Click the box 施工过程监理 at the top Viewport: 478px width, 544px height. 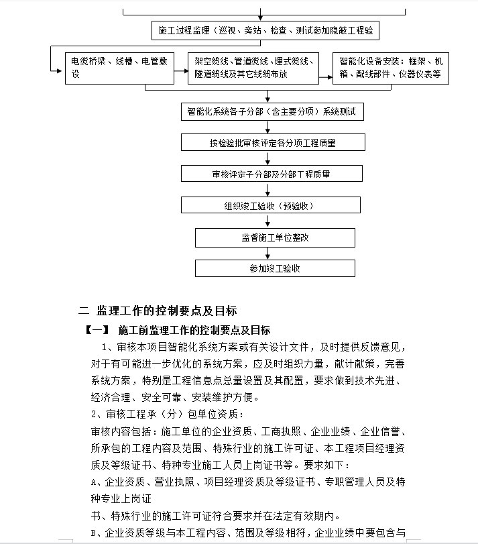point(265,30)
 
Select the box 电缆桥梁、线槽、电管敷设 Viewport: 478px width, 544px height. point(119,68)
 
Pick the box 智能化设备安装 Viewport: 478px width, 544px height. point(390,68)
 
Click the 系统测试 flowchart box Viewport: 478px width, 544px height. point(272,112)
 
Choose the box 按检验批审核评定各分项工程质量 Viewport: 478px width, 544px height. point(272,143)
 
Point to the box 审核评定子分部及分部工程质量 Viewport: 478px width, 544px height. point(271,174)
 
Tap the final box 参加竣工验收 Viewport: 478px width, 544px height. point(274,268)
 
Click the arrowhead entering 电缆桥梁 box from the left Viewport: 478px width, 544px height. point(60,68)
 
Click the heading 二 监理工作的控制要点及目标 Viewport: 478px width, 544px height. point(158,311)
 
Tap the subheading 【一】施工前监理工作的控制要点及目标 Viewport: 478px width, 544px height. point(178,330)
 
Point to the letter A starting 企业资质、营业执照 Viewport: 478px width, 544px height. point(94,482)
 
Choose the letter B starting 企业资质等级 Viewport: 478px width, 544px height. point(94,533)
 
